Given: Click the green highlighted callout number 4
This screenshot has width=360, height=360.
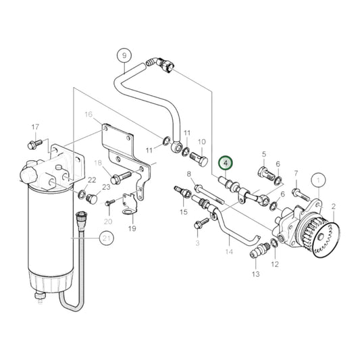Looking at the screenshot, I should coord(226,163).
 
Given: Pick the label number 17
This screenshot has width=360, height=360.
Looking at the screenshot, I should coord(35,127).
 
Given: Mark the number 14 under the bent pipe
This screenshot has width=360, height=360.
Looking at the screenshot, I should coord(229,251).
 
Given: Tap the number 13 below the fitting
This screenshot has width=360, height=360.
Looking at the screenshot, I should coord(255,274).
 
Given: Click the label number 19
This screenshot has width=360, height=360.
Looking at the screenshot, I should coord(132,228).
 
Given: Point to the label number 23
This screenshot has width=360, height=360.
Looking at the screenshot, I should coord(106,187).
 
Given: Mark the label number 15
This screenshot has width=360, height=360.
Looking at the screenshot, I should coord(183,212).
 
